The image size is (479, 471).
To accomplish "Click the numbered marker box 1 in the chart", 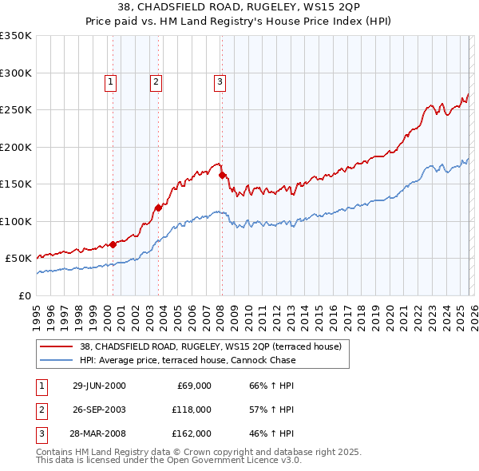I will click(x=110, y=81).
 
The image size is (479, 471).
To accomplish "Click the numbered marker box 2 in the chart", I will click(x=156, y=81).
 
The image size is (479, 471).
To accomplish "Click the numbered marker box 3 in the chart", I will click(x=219, y=81).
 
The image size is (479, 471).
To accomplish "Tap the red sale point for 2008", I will click(x=222, y=175).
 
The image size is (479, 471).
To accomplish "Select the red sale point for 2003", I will click(x=158, y=208).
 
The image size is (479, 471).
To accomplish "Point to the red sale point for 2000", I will click(x=113, y=244).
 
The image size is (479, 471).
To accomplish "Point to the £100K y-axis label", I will click(x=16, y=221).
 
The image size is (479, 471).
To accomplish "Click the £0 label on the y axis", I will click(x=24, y=295).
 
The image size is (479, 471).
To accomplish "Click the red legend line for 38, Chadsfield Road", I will click(x=56, y=346).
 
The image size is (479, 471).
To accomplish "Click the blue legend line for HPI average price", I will click(x=56, y=360).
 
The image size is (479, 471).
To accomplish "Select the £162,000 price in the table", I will click(x=192, y=433).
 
